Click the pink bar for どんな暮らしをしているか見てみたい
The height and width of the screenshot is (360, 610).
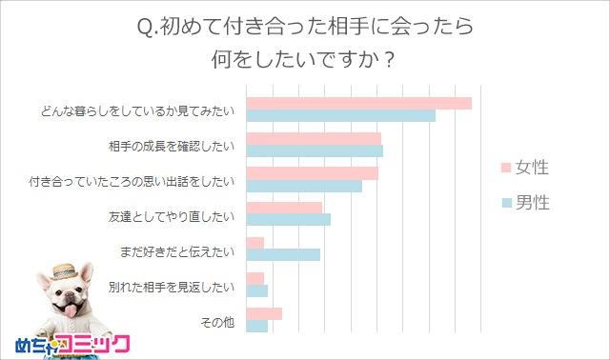coord(359,103)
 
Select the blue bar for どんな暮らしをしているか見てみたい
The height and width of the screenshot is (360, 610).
coord(341,115)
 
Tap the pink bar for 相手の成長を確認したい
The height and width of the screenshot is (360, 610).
coord(314,138)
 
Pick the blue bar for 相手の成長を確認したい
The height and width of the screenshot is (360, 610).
coord(315,150)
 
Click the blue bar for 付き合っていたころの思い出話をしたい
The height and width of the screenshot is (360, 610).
coord(304,186)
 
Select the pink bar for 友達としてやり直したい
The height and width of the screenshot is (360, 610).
coord(284,209)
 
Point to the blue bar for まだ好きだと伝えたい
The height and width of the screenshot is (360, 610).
coord(283,255)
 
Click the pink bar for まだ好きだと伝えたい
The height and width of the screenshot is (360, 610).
coord(255,243)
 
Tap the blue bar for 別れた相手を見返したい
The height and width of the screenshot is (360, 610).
coord(257,290)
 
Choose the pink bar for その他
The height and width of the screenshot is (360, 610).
coord(264,313)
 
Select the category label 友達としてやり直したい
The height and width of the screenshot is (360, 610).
coord(172,215)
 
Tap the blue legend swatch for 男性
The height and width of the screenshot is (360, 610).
coord(506,202)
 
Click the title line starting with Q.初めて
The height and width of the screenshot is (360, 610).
coord(304,26)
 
